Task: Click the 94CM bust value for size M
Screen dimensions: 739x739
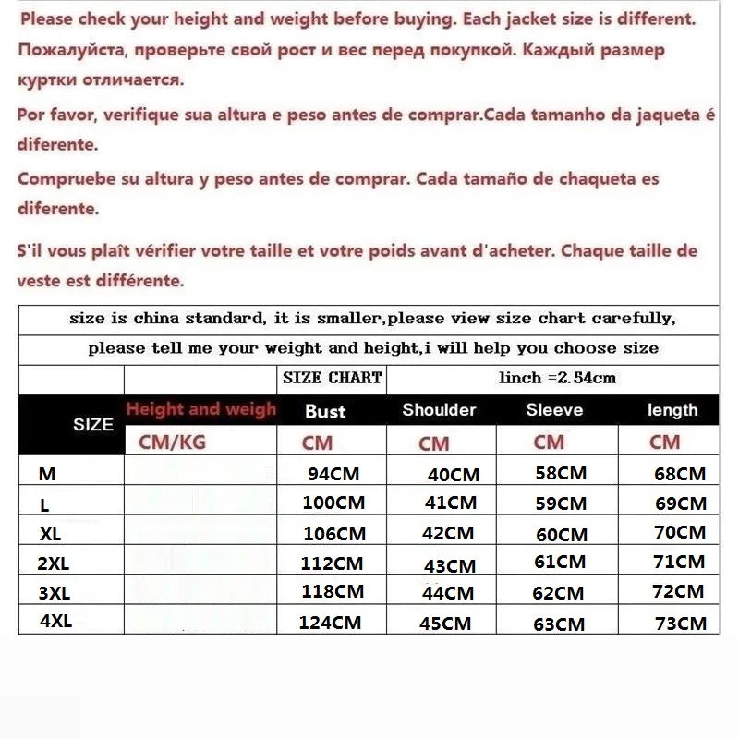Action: pyautogui.click(x=333, y=475)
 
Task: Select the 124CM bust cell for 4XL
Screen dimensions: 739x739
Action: pyautogui.click(x=330, y=623)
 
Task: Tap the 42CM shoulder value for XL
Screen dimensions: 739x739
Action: pyautogui.click(x=448, y=534)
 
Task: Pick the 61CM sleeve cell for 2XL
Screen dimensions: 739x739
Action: pyautogui.click(x=559, y=562)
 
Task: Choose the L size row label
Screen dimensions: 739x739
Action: pyautogui.click(x=44, y=505)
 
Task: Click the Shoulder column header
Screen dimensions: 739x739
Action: pyautogui.click(x=439, y=410)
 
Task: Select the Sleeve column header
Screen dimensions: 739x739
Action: pyautogui.click(x=554, y=410)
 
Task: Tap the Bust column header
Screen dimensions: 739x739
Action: pyautogui.click(x=325, y=411)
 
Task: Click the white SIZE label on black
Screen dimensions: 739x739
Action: pyautogui.click(x=93, y=425)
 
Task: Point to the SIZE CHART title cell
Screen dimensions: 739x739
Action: pyautogui.click(x=332, y=378)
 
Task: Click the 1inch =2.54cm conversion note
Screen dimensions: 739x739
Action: pyautogui.click(x=557, y=378)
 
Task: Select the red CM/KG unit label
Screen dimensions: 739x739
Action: pyautogui.click(x=172, y=442)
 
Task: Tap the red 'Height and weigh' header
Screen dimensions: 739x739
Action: pyautogui.click(x=200, y=409)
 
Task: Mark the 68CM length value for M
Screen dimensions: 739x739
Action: pyautogui.click(x=679, y=475)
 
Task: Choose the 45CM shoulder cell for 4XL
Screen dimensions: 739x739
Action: pyautogui.click(x=446, y=624)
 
